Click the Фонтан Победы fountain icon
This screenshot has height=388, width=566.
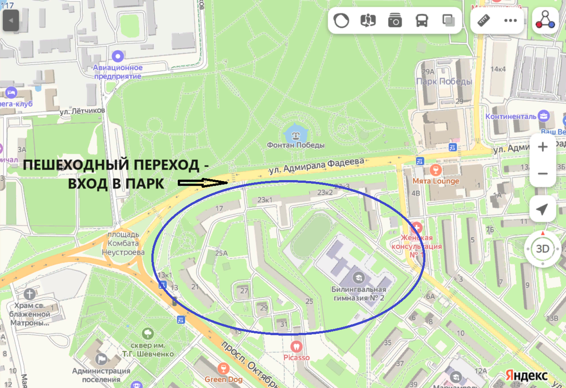point(296,134)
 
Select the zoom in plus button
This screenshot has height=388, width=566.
point(542,147)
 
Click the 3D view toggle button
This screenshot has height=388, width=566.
point(543,248)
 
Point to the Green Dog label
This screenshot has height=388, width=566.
point(223,379)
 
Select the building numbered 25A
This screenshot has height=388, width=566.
point(221,253)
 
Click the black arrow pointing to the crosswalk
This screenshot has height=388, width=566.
point(203,182)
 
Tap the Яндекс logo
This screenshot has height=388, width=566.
point(526,375)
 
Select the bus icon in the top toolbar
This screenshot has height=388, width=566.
point(421,21)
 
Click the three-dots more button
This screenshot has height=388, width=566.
point(511,21)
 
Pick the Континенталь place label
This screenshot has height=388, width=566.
point(511,116)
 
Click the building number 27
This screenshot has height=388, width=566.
point(244,291)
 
